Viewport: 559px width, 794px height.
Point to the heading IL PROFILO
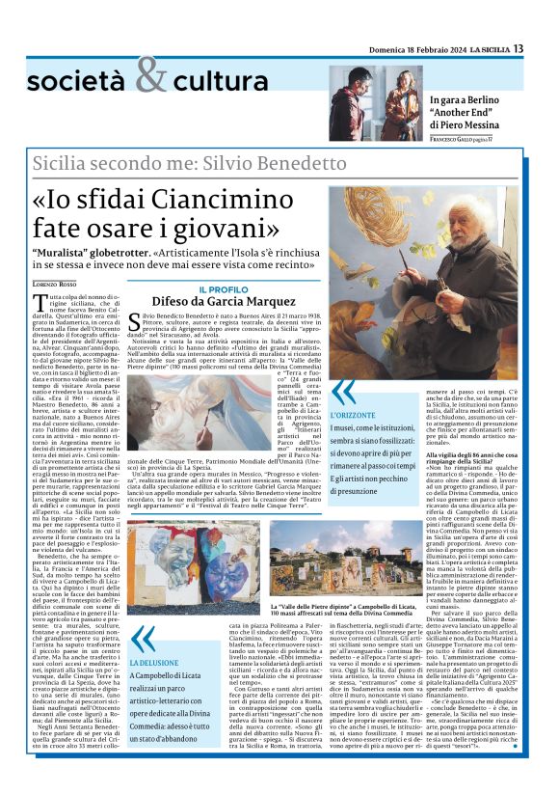coord(223,289)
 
